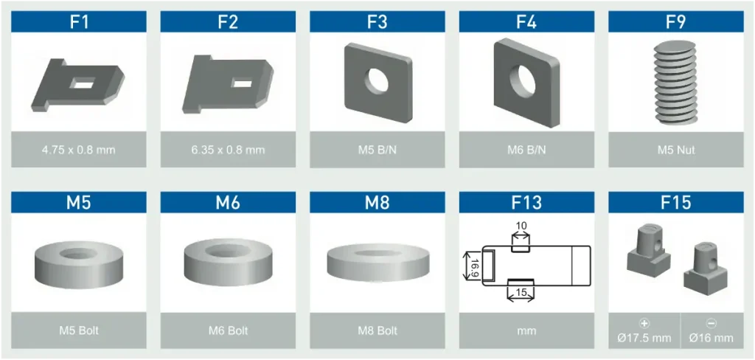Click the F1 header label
[79, 22]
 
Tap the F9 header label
[676, 22]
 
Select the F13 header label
[526, 203]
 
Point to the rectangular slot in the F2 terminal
[240, 83]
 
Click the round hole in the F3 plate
[376, 80]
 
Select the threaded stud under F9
[676, 83]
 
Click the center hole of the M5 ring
[78, 253]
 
